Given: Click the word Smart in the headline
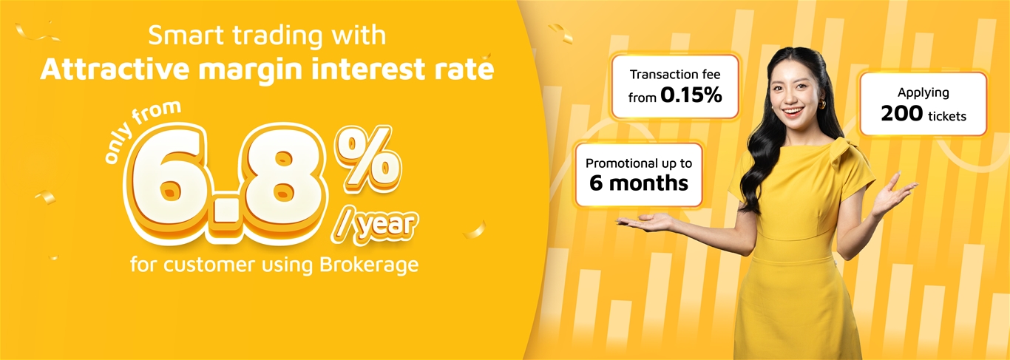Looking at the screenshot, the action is tap(186, 35).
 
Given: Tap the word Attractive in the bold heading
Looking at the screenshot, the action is tap(116, 69).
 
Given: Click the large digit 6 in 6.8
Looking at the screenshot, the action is tap(169, 183).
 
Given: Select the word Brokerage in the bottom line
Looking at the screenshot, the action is tap(369, 265).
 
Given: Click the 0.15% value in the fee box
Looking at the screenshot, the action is tap(691, 95).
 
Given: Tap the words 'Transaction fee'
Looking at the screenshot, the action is tap(675, 75).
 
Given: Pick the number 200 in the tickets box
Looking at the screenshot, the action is tap(902, 114).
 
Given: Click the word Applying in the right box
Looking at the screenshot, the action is tap(923, 93).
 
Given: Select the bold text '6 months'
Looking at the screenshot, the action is tap(639, 183).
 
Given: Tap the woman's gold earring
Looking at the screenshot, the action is tap(822, 104).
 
